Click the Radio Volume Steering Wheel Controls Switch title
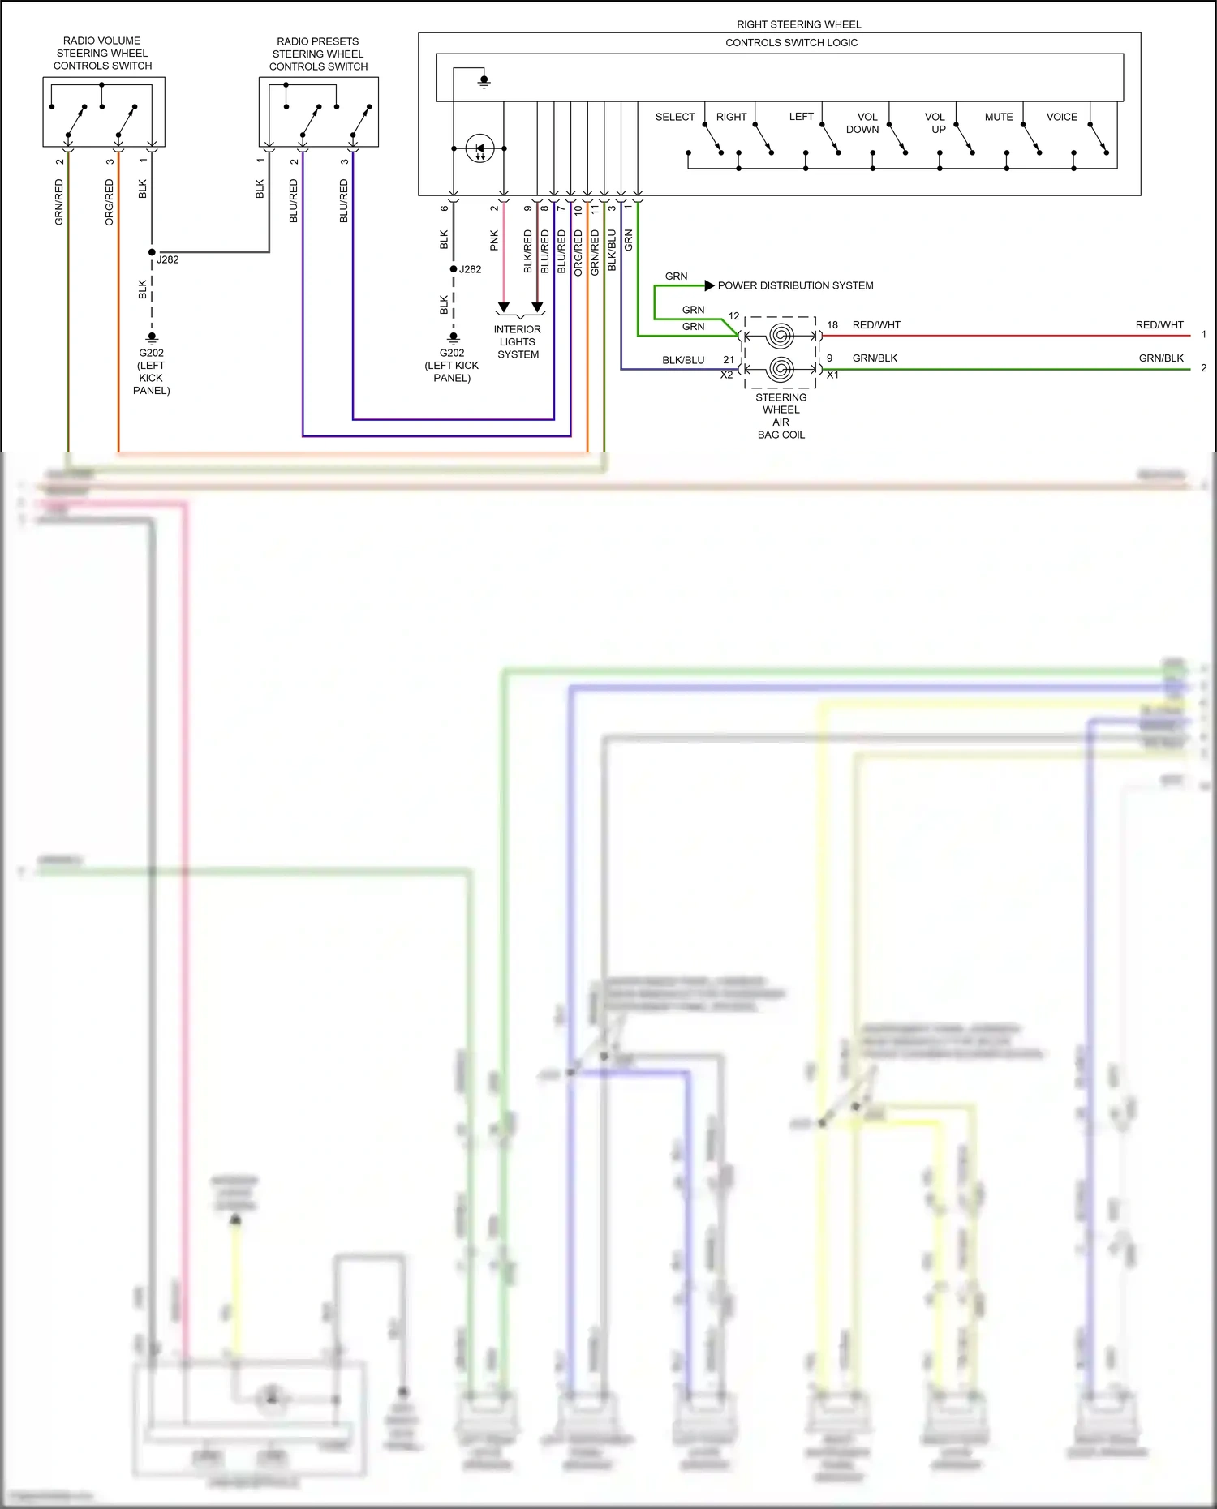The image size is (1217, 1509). tap(102, 54)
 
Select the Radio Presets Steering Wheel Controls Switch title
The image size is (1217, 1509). tap(318, 54)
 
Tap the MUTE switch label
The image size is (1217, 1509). tap(999, 117)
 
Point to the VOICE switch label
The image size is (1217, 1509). tap(1061, 117)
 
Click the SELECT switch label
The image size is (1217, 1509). tap(674, 117)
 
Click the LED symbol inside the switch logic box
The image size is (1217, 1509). tap(479, 148)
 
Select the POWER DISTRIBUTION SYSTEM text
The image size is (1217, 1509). tap(795, 285)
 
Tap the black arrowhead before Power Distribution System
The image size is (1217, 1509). tap(709, 285)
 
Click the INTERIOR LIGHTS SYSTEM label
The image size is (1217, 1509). tap(518, 341)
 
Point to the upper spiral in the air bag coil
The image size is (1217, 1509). tap(781, 335)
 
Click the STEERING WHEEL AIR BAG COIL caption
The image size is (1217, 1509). tap(781, 416)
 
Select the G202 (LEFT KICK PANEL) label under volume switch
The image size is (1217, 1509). tap(151, 371)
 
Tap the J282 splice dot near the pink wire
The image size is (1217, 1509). tap(454, 269)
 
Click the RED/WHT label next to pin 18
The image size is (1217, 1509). tap(876, 325)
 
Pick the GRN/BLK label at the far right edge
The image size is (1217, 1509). tap(1160, 358)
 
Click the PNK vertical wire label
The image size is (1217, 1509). tap(494, 240)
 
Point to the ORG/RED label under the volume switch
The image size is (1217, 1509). tap(110, 203)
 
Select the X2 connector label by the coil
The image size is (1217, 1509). tap(726, 375)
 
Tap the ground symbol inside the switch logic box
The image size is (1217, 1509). tap(484, 82)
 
